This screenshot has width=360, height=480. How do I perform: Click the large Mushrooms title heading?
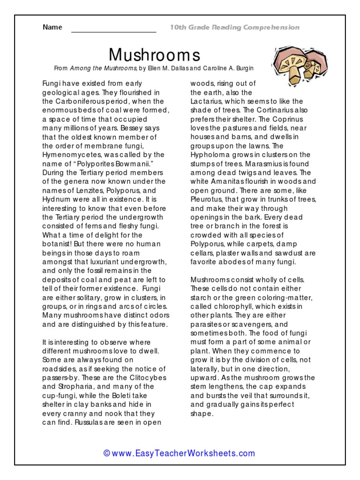(x=154, y=55)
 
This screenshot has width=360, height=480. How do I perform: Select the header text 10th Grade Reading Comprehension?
(x=234, y=28)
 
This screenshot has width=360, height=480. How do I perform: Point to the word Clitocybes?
(x=142, y=377)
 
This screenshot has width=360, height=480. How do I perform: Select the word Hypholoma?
(x=210, y=155)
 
